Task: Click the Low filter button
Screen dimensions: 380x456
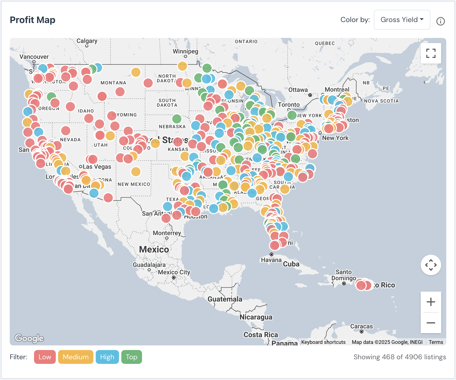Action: coord(45,357)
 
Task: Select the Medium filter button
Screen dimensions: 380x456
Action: coord(75,357)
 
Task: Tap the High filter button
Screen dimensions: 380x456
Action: coord(107,357)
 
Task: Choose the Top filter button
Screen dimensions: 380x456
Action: coord(132,357)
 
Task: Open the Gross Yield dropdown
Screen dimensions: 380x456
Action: coord(402,20)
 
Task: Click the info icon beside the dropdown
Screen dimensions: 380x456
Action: coord(440,21)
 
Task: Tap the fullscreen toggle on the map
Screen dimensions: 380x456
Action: coord(431,53)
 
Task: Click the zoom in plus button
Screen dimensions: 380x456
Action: coord(431,302)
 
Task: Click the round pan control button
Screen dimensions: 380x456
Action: coord(431,265)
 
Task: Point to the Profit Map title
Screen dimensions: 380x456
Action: coord(32,20)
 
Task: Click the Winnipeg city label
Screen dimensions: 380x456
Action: coord(185,51)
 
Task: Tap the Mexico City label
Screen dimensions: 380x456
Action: coord(174,272)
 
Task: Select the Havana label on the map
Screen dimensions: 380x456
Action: coord(271,260)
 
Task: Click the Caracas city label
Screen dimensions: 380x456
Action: coord(361,326)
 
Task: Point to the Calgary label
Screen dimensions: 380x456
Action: coord(87,41)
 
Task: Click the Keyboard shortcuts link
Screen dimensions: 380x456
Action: coord(323,342)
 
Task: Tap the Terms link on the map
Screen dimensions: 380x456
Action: coord(436,342)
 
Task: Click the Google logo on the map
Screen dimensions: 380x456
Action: coord(29,338)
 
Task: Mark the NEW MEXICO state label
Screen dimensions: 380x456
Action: coord(134,184)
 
